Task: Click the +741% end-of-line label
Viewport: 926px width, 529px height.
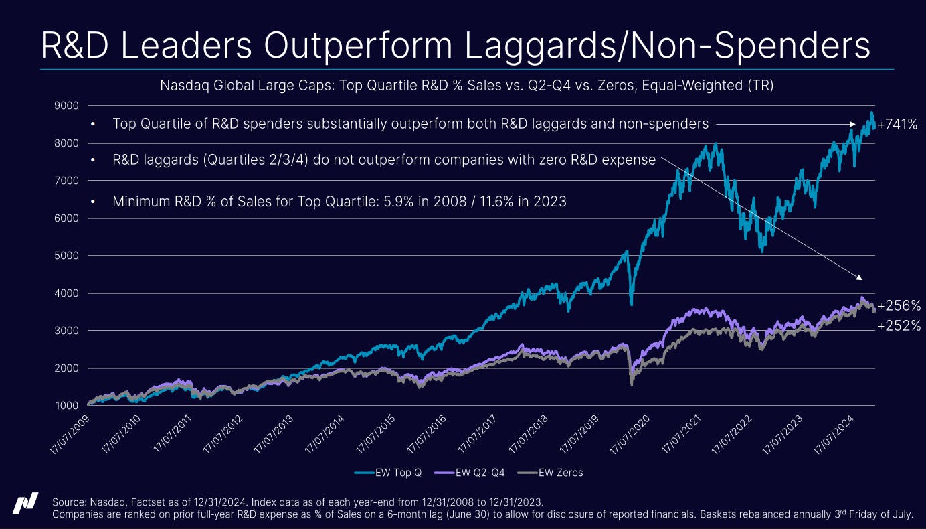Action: pos(897,124)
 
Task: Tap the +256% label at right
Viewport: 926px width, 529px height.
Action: pos(899,306)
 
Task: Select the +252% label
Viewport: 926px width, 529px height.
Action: pos(899,327)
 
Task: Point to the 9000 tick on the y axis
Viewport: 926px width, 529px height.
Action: pos(67,106)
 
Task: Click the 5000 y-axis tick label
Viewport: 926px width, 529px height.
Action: pos(67,256)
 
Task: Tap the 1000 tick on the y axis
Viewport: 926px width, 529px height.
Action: pos(67,406)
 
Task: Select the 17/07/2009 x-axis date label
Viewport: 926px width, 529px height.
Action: pos(72,433)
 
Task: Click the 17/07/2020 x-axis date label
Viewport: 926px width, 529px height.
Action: pos(635,433)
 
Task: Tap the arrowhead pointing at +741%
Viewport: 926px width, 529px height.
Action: pos(852,124)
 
